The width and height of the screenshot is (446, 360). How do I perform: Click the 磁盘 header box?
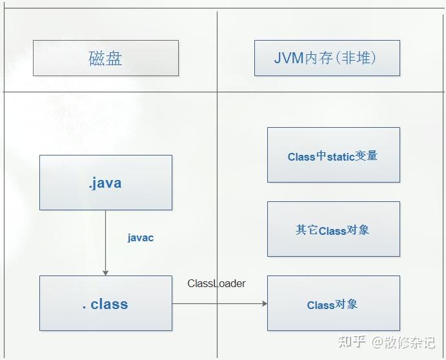pyautogui.click(x=106, y=58)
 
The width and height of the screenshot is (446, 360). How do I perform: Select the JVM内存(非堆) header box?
pyautogui.click(x=327, y=58)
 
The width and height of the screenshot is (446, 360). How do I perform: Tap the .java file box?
pyautogui.click(x=106, y=183)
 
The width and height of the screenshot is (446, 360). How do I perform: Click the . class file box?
pyautogui.click(x=106, y=303)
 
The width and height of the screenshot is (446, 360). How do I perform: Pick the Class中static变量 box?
pyautogui.click(x=333, y=155)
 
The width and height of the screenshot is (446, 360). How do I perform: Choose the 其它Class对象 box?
pyautogui.click(x=333, y=230)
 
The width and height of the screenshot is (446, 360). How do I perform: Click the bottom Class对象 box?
pyautogui.click(x=333, y=304)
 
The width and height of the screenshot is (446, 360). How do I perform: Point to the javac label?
pyautogui.click(x=141, y=237)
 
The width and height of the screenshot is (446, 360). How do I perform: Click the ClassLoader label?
pyautogui.click(x=216, y=283)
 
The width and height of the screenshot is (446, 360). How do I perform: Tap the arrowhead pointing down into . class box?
pyautogui.click(x=106, y=272)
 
